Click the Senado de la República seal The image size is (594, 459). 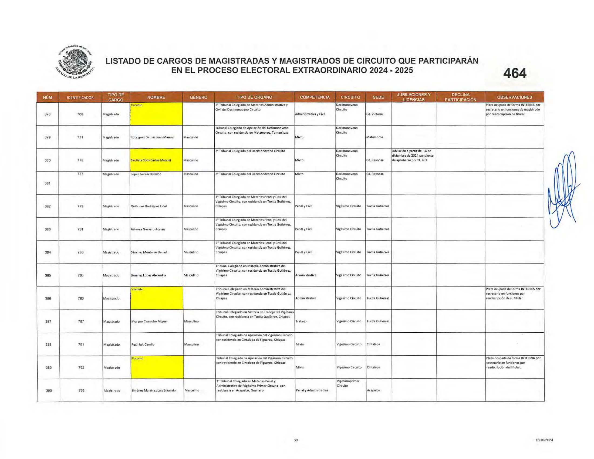point(75,62)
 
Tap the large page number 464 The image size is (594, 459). point(515,73)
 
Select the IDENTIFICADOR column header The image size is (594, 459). point(80,97)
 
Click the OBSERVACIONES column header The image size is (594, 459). point(514,97)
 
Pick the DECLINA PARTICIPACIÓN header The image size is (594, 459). point(460,97)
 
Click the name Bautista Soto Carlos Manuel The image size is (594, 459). point(151,160)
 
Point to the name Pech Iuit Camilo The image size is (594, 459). point(143,344)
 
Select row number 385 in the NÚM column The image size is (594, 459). point(48,275)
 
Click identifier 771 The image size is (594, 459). point(80,137)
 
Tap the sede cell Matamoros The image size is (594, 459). point(374,137)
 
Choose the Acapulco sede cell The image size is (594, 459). point(373,390)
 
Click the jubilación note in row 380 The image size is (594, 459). point(413,156)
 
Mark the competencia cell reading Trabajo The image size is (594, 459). point(301,321)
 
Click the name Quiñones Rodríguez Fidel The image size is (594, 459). point(148,206)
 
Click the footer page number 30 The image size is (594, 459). point(296,440)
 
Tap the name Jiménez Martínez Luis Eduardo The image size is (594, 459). point(153,390)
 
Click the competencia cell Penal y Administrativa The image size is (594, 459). point(312,390)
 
